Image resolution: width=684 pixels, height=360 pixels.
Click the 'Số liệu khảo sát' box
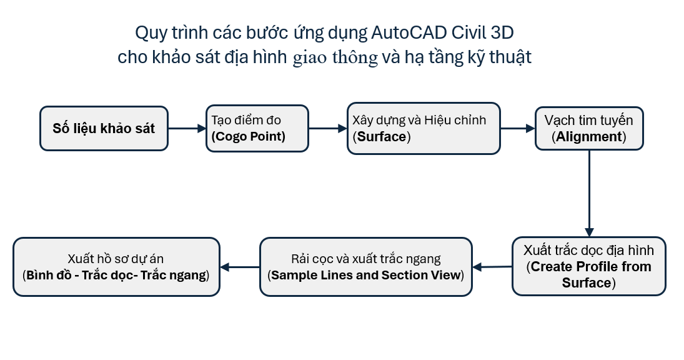(x=104, y=128)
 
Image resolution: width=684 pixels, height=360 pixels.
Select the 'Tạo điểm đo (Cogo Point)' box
(x=257, y=128)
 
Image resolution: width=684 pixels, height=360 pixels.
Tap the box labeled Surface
(x=424, y=128)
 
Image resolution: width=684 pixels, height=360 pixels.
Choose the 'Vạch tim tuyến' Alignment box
(x=589, y=128)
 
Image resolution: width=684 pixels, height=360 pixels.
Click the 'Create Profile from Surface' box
(x=588, y=266)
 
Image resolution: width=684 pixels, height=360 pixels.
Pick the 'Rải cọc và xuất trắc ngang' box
(x=366, y=266)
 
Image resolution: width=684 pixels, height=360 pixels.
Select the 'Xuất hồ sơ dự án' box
(x=116, y=266)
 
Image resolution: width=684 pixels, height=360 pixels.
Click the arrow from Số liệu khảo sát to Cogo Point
(x=187, y=128)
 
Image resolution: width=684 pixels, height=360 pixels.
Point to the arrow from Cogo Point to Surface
(x=327, y=128)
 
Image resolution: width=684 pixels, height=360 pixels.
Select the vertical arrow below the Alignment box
(x=588, y=193)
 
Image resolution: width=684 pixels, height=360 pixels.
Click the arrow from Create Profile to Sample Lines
(x=492, y=267)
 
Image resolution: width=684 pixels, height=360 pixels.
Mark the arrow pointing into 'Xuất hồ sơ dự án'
(x=240, y=267)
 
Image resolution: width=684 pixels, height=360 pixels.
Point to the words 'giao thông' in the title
(x=335, y=58)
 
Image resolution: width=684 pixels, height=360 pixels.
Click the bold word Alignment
(x=588, y=137)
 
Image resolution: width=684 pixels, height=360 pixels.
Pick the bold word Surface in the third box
(x=380, y=136)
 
